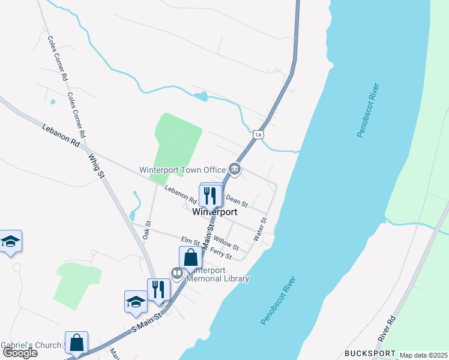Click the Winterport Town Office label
tap(182, 170)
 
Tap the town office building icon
tap(235, 170)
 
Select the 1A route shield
tap(258, 135)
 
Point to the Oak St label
tap(147, 230)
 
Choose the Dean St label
tap(237, 197)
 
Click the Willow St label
tap(226, 242)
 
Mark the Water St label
tap(261, 230)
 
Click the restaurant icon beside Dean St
tap(209, 196)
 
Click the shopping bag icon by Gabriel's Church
tap(77, 343)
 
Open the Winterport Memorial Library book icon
tap(177, 274)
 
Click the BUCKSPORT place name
tap(370, 353)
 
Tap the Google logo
tap(20, 353)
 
